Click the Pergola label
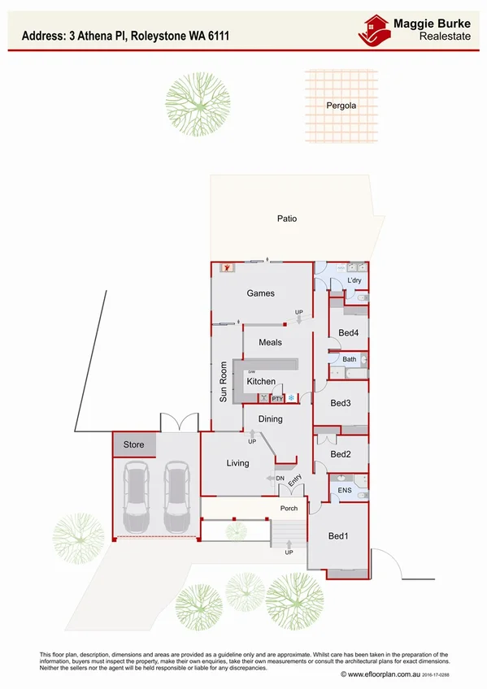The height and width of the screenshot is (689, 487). coord(341,106)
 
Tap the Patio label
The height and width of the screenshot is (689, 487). coord(286,219)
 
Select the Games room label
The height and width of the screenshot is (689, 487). coord(261,293)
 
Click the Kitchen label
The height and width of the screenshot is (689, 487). coord(261,381)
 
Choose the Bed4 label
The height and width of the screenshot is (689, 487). coord(349,332)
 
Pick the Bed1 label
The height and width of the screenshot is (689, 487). coord(338,536)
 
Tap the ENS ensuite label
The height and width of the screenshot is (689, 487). coord(344,491)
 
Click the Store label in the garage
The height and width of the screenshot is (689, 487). coord(133,444)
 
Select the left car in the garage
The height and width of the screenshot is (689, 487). coord(137,494)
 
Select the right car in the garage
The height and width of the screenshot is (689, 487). coord(176,494)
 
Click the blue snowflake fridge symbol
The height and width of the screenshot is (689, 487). coord(290,398)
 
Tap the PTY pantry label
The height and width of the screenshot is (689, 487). coord(276,398)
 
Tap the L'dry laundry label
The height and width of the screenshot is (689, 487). coord(354,280)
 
